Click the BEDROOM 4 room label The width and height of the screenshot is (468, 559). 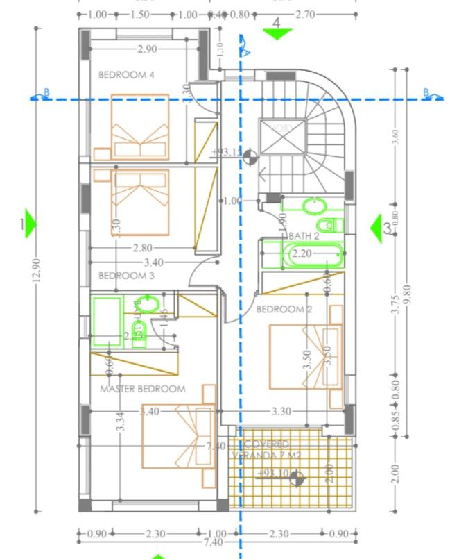coord(125,74)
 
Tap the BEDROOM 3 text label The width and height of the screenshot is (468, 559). coord(125,276)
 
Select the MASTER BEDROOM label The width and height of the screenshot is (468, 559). coord(143,389)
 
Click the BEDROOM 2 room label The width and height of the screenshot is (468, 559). coord(284,309)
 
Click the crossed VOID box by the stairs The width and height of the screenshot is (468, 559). coord(282,135)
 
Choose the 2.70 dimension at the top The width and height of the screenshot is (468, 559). coord(305,14)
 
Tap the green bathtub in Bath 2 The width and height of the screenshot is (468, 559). coord(312,255)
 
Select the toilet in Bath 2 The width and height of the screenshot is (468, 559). coord(330,225)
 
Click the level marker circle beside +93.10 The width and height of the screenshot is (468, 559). coord(297,478)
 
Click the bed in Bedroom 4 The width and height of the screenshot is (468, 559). coord(141,126)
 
